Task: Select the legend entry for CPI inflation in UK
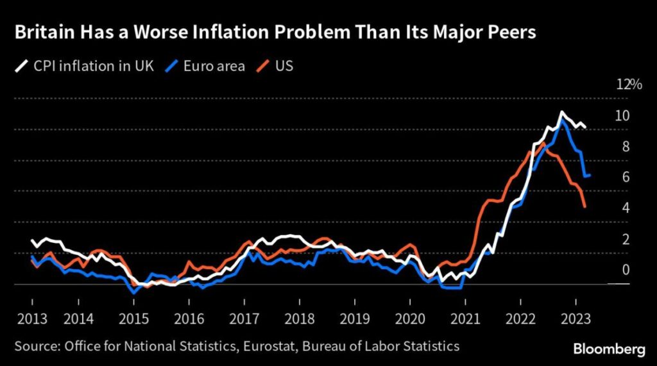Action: pos(84,66)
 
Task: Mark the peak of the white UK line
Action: pos(562,113)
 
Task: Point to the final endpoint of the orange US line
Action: pos(585,206)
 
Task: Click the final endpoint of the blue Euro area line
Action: pos(590,175)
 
